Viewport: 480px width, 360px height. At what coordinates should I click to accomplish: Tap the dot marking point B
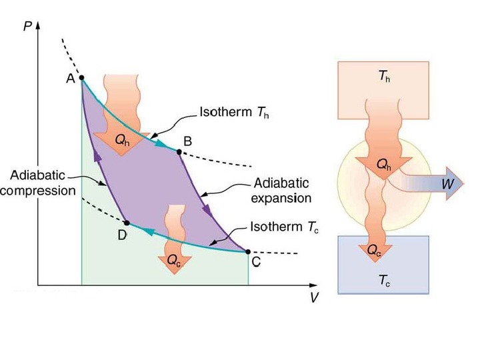pyautogui.click(x=179, y=152)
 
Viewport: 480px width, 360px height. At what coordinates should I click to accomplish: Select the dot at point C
pyautogui.click(x=248, y=252)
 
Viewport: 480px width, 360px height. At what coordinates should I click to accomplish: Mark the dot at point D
pyautogui.click(x=126, y=221)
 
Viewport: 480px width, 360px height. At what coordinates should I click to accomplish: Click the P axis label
pyautogui.click(x=27, y=25)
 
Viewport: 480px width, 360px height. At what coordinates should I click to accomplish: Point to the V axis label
pyautogui.click(x=313, y=297)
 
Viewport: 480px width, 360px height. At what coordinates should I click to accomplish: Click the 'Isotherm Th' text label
pyautogui.click(x=229, y=113)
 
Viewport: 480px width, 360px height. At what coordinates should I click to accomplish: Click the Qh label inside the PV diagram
pyautogui.click(x=122, y=140)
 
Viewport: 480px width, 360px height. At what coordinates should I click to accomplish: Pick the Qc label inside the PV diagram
pyautogui.click(x=173, y=262)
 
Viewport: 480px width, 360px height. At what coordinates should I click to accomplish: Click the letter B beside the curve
pyautogui.click(x=187, y=141)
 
